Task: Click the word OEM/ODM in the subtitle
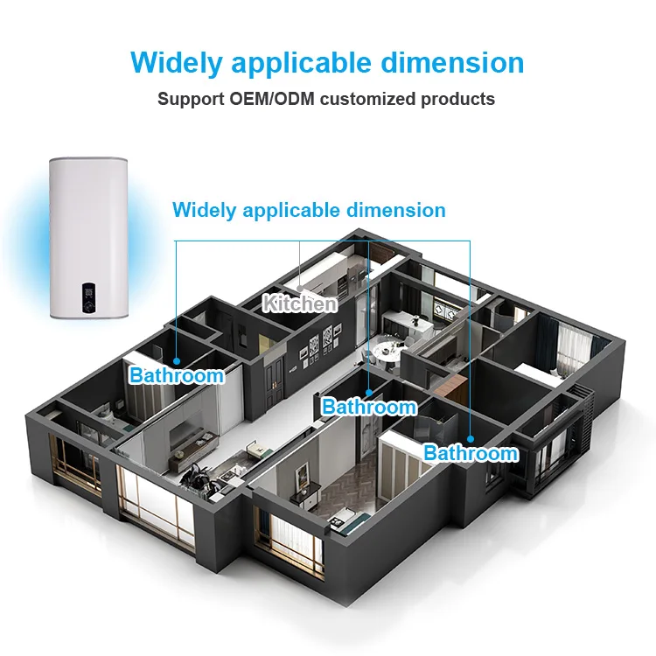(x=273, y=98)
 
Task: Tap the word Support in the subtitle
(x=192, y=98)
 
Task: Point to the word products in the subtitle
(x=459, y=98)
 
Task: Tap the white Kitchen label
(x=300, y=304)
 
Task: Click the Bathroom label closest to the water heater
(x=177, y=376)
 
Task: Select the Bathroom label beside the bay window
(x=471, y=453)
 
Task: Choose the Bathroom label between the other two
(x=369, y=407)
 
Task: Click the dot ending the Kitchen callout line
(x=300, y=286)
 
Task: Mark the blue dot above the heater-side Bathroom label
(x=177, y=359)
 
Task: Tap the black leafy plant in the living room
(x=199, y=476)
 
